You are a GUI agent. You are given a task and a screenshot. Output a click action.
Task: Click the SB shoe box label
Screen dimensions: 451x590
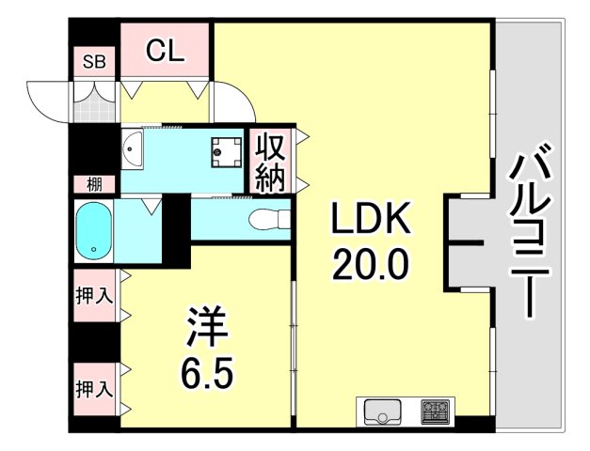pyautogui.click(x=96, y=63)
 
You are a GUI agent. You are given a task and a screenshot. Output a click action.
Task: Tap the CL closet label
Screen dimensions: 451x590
pyautogui.click(x=165, y=51)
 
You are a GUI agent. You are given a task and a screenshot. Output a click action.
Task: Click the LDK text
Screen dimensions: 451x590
pyautogui.click(x=369, y=221)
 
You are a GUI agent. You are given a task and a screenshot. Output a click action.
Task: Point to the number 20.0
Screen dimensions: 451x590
pyautogui.click(x=369, y=263)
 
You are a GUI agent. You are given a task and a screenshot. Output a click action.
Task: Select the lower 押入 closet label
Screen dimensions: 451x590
pyautogui.click(x=94, y=387)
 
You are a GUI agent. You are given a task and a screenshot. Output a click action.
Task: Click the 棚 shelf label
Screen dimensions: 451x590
pyautogui.click(x=94, y=184)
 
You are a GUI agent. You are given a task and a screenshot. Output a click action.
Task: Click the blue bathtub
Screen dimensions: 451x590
pyautogui.click(x=94, y=231)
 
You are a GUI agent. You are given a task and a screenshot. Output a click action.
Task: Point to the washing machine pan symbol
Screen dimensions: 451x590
pyautogui.click(x=226, y=148)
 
